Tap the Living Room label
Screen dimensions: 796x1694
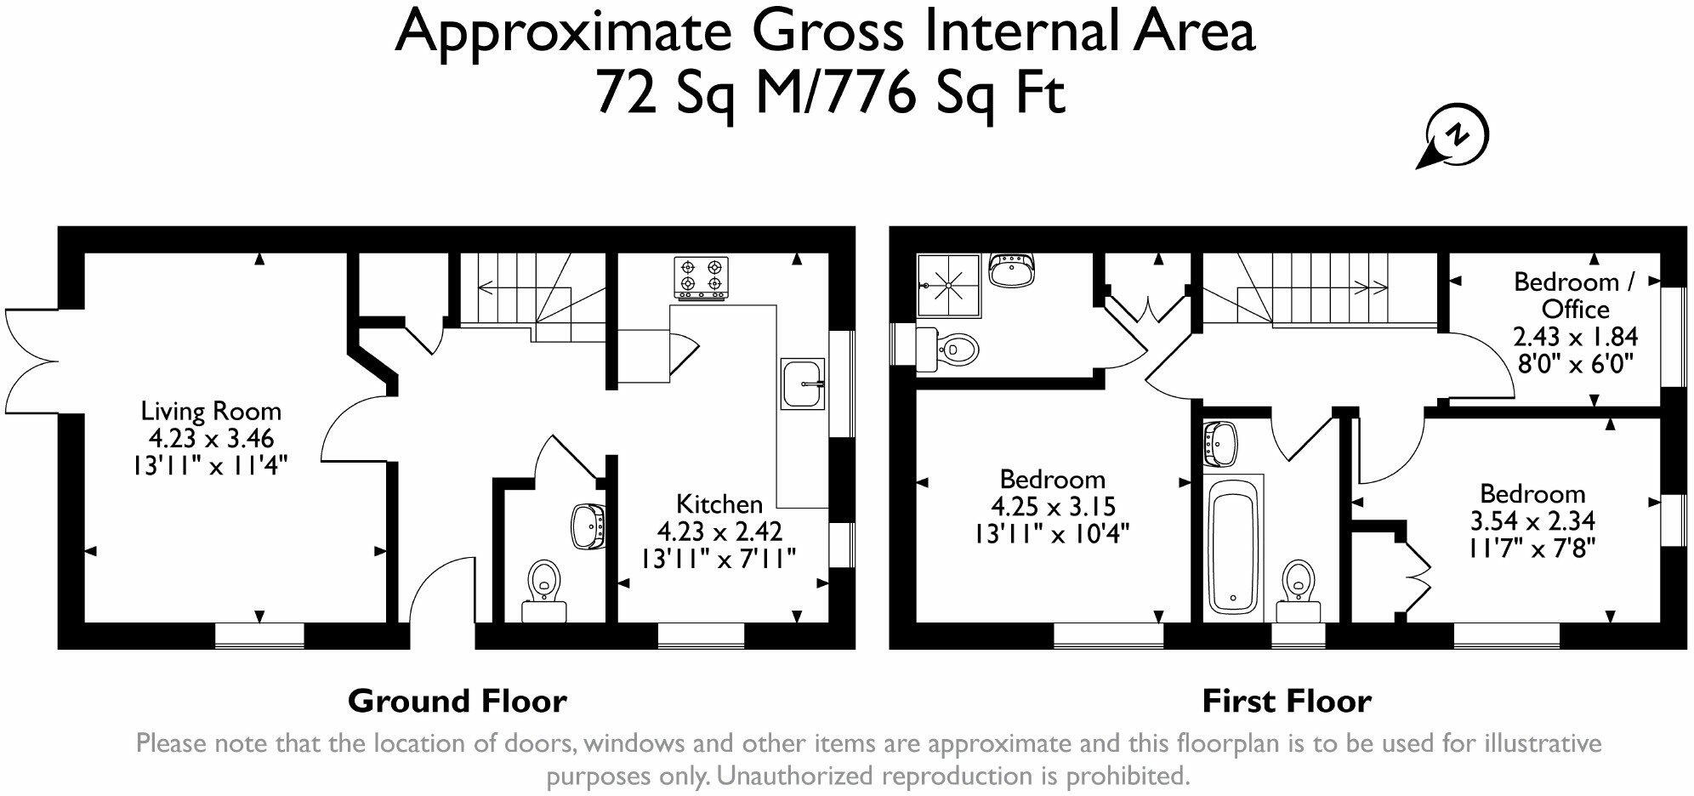tap(211, 412)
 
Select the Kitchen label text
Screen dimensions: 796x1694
tap(719, 503)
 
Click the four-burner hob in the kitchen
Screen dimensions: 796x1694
tap(702, 277)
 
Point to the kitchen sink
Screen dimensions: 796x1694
tap(801, 384)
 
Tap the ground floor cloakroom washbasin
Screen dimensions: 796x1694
tap(588, 526)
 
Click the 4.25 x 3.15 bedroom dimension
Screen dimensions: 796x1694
tap(1053, 507)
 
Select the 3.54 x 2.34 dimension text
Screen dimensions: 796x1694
tap(1532, 520)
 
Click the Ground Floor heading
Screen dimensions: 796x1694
tap(457, 702)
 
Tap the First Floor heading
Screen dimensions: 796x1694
tap(1286, 702)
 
